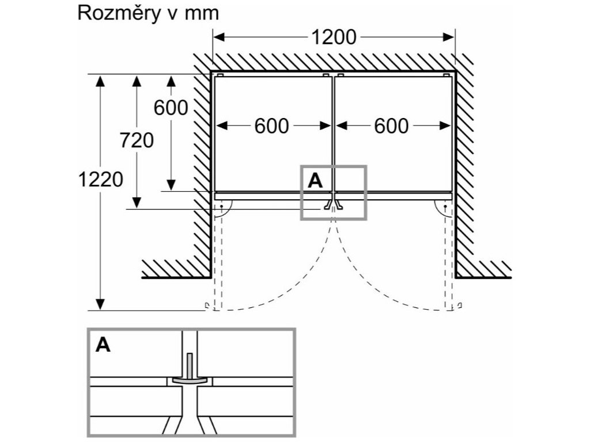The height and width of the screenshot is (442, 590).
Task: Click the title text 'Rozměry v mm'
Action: (x=148, y=13)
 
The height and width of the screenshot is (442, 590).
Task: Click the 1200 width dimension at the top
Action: (x=334, y=38)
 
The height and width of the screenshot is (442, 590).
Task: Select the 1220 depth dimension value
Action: (x=101, y=180)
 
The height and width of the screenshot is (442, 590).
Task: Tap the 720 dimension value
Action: (x=137, y=140)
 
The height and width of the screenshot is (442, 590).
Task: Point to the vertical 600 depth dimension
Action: (x=171, y=108)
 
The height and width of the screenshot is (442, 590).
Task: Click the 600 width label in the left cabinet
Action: (x=271, y=126)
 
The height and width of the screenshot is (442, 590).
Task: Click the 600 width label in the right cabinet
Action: (x=391, y=126)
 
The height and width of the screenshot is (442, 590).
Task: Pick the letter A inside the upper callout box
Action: (x=315, y=181)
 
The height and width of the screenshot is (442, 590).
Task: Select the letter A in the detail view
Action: (x=103, y=345)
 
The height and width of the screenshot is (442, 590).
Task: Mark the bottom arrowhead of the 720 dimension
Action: (x=137, y=202)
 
